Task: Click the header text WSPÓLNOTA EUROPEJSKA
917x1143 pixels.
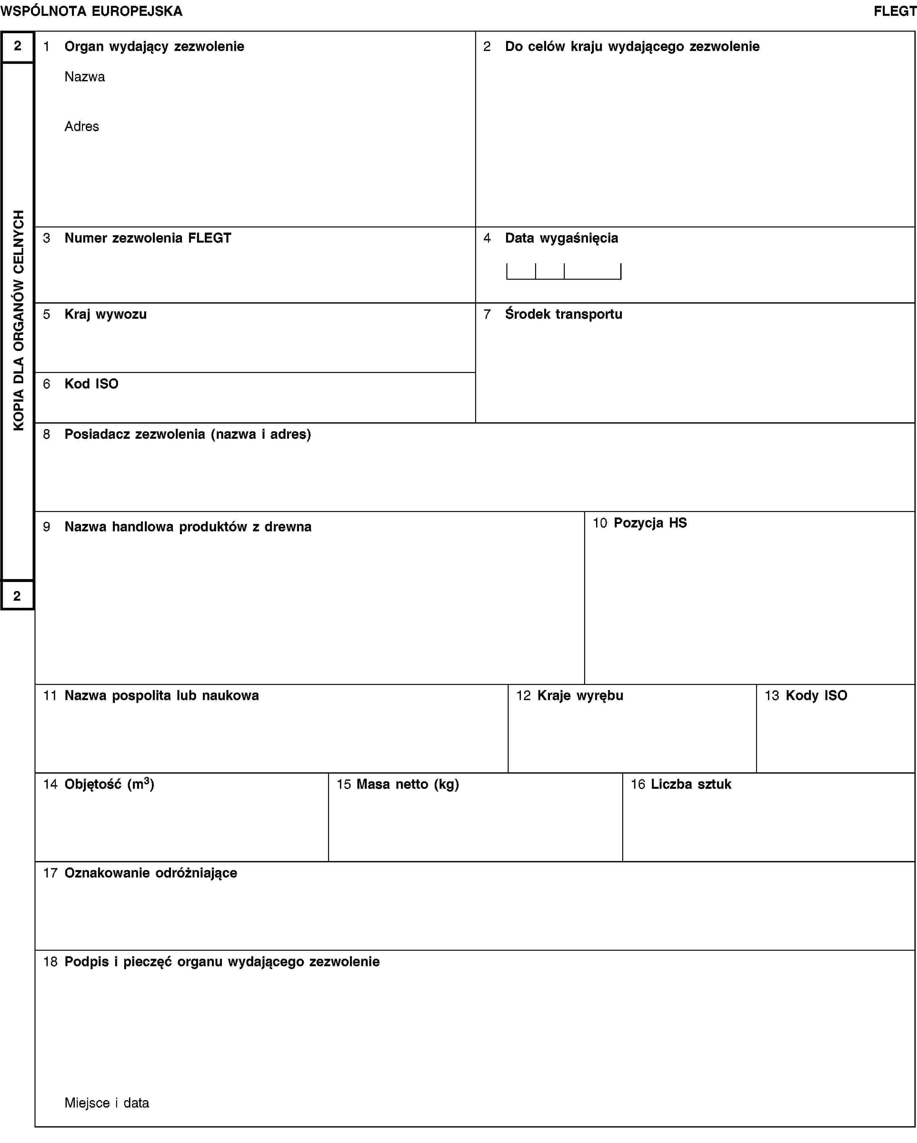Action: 92,11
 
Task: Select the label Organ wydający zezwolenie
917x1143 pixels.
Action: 154,47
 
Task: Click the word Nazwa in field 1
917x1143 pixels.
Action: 85,77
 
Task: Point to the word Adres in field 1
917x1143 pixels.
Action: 82,126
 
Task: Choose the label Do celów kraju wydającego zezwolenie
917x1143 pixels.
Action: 632,47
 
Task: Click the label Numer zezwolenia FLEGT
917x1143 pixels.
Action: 148,238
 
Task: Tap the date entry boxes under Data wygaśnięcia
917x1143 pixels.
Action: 563,271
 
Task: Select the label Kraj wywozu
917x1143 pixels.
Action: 105,314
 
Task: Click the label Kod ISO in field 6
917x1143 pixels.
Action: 91,384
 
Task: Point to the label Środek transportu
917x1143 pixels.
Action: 563,314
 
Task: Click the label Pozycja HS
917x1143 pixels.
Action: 650,523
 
